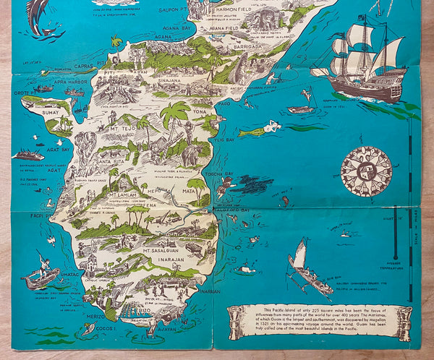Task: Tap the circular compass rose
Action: click(x=365, y=171)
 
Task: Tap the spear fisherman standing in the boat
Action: click(x=41, y=273)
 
